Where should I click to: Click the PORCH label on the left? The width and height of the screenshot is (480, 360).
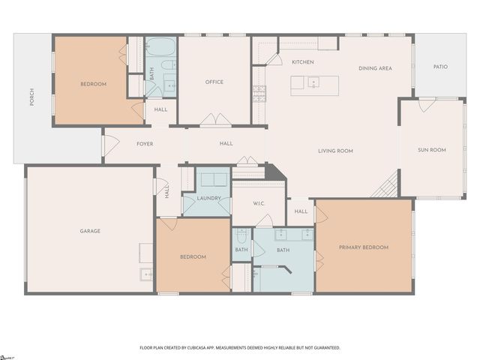click(31, 97)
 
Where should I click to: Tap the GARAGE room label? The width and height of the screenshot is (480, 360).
click(90, 231)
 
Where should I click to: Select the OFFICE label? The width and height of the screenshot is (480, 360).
click(214, 82)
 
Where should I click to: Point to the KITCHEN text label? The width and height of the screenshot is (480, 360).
click(302, 62)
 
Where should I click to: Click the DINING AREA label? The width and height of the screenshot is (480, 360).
click(375, 68)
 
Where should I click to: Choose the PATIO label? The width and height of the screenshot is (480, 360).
click(440, 67)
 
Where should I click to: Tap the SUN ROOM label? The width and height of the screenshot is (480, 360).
click(432, 150)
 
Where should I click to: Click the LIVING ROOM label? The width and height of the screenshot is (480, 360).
click(335, 151)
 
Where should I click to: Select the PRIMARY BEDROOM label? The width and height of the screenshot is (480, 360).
click(364, 247)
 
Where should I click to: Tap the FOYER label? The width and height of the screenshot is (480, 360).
click(145, 143)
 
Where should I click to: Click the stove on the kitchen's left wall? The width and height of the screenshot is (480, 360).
click(259, 93)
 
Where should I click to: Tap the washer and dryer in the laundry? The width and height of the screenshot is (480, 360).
click(213, 178)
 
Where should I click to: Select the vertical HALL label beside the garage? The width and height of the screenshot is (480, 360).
click(166, 192)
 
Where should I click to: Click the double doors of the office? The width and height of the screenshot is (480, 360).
click(214, 121)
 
